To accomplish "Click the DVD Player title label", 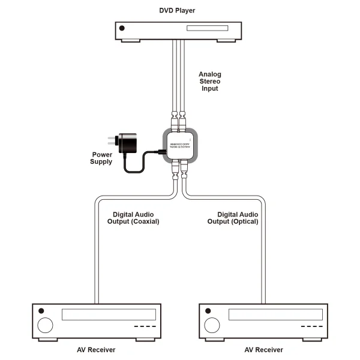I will [x=178, y=10].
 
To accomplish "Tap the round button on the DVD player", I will [x=122, y=28].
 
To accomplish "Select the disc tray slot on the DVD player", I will [x=208, y=28].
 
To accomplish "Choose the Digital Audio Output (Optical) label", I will [x=233, y=217].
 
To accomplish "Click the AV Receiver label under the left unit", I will [x=95, y=350].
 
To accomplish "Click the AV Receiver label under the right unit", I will [x=263, y=350].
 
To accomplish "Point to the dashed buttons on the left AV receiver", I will [x=144, y=327].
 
